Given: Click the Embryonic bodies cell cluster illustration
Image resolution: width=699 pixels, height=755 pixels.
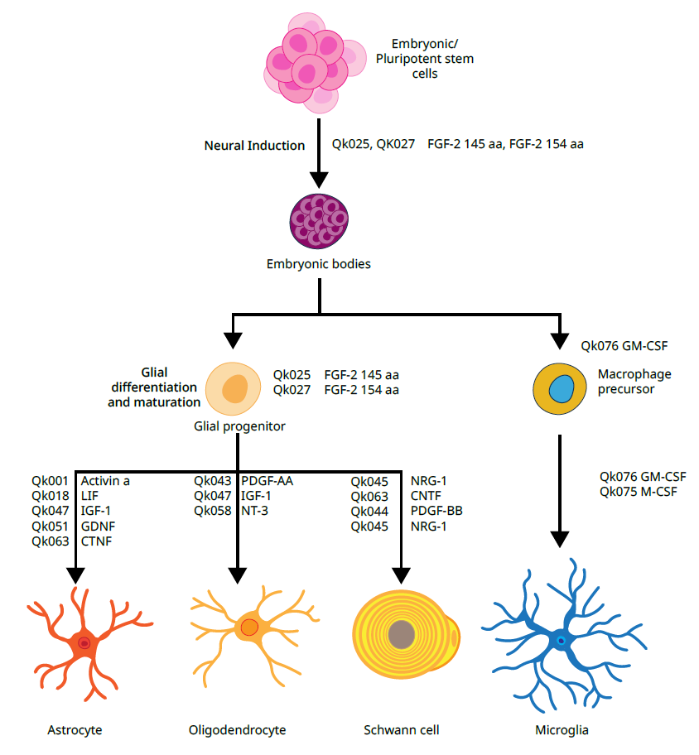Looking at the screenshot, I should [319, 222].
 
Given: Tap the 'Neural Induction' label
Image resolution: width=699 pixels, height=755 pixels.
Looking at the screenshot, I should [254, 146].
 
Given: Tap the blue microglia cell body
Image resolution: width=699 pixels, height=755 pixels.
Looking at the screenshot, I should [562, 639].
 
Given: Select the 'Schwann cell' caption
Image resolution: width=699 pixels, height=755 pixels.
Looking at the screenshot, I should [401, 730].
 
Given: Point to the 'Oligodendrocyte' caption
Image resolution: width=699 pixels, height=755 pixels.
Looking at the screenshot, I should [237, 730].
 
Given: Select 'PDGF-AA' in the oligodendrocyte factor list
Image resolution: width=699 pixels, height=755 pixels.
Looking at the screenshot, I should [267, 480].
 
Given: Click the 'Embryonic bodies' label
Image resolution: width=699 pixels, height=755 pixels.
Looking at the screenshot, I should [319, 265].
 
